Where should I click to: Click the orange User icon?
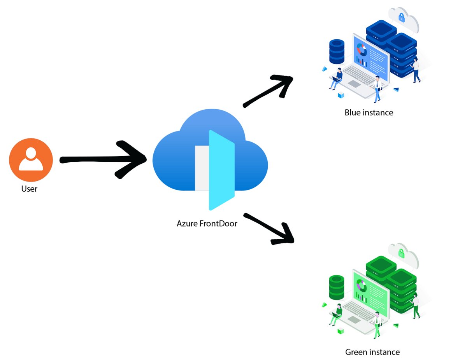tap(31, 160)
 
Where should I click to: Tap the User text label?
tap(29, 189)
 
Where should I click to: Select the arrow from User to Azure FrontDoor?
tap(103, 159)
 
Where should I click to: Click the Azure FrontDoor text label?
tap(207, 224)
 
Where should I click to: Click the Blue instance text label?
tap(369, 113)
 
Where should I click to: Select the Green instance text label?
tap(372, 352)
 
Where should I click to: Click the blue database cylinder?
tap(337, 51)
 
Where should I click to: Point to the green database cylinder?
tap(337, 287)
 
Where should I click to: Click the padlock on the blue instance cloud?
tap(401, 17)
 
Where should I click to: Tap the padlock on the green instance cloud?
tap(401, 253)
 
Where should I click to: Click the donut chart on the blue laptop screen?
tap(362, 50)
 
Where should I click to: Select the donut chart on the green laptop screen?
tap(362, 287)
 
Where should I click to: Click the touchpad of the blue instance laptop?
tap(354, 84)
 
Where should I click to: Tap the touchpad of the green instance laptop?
tap(354, 320)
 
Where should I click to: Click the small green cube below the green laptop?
tap(341, 331)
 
